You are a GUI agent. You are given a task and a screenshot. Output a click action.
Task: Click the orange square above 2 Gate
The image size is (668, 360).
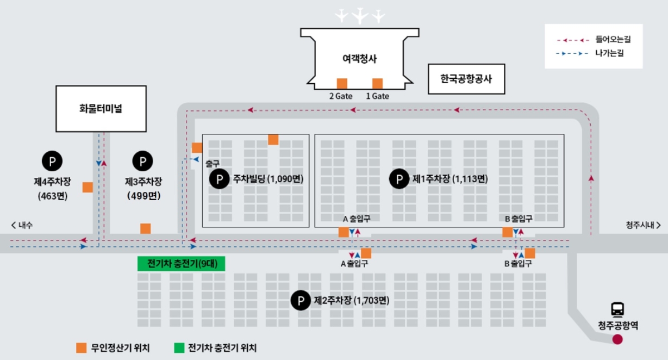[342, 83]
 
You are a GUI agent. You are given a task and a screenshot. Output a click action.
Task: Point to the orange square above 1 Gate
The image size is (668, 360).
[377, 83]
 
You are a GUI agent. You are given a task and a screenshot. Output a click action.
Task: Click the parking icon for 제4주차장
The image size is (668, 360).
[52, 160]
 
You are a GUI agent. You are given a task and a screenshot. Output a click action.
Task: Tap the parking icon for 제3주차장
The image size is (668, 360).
[142, 160]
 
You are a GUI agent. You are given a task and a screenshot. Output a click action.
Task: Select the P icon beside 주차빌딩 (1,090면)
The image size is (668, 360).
[220, 178]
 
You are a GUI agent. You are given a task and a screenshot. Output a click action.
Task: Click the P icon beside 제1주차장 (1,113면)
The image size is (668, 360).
[399, 178]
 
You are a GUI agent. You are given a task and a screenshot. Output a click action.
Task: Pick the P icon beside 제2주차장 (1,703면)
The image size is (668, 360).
[300, 300]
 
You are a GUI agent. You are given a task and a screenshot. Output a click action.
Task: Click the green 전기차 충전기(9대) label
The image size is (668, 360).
[182, 264]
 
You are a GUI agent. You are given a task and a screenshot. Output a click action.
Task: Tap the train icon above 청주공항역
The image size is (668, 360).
[617, 309]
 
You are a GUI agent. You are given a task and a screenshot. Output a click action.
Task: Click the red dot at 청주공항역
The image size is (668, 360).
[617, 340]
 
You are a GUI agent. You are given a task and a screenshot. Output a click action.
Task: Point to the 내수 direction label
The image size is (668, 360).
[22, 225]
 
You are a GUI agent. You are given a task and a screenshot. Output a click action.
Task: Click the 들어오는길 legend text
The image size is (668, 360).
[613, 39]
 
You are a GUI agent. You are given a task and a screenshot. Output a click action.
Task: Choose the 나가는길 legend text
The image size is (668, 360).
[609, 53]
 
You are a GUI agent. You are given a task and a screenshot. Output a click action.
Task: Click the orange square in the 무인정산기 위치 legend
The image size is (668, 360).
[81, 347]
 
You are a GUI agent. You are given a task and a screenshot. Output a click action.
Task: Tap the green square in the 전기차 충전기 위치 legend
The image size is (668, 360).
[179, 347]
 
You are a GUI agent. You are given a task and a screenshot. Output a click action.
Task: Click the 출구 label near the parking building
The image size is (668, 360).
[212, 163]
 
